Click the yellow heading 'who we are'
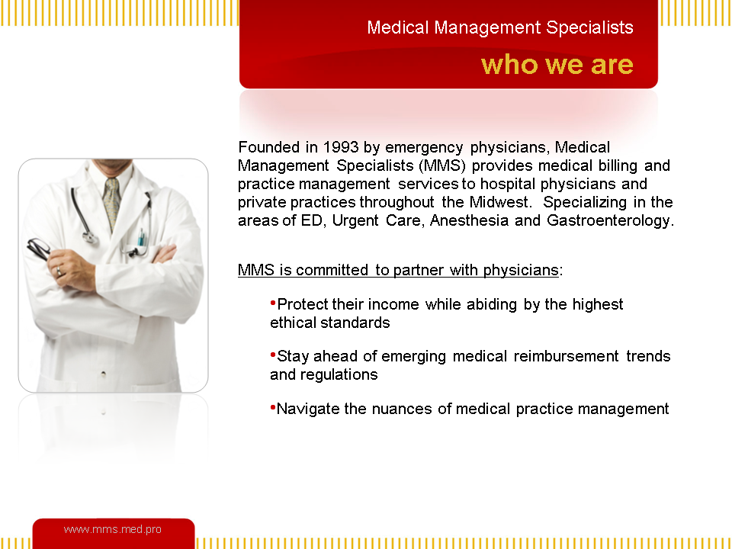(x=557, y=64)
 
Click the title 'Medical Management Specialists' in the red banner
(x=500, y=27)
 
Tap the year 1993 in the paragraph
(x=341, y=147)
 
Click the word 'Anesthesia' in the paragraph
(x=469, y=220)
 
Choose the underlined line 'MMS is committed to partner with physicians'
(x=398, y=270)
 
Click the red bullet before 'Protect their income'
(x=273, y=303)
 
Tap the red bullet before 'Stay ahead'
(x=273, y=355)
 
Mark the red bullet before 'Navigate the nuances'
(x=273, y=407)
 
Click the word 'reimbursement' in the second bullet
(x=567, y=357)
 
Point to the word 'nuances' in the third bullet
(x=402, y=409)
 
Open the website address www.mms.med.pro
(x=113, y=529)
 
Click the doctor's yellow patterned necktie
(x=111, y=203)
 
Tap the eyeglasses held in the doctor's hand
(x=38, y=249)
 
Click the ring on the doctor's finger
(x=59, y=271)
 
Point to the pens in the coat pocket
(x=140, y=238)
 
